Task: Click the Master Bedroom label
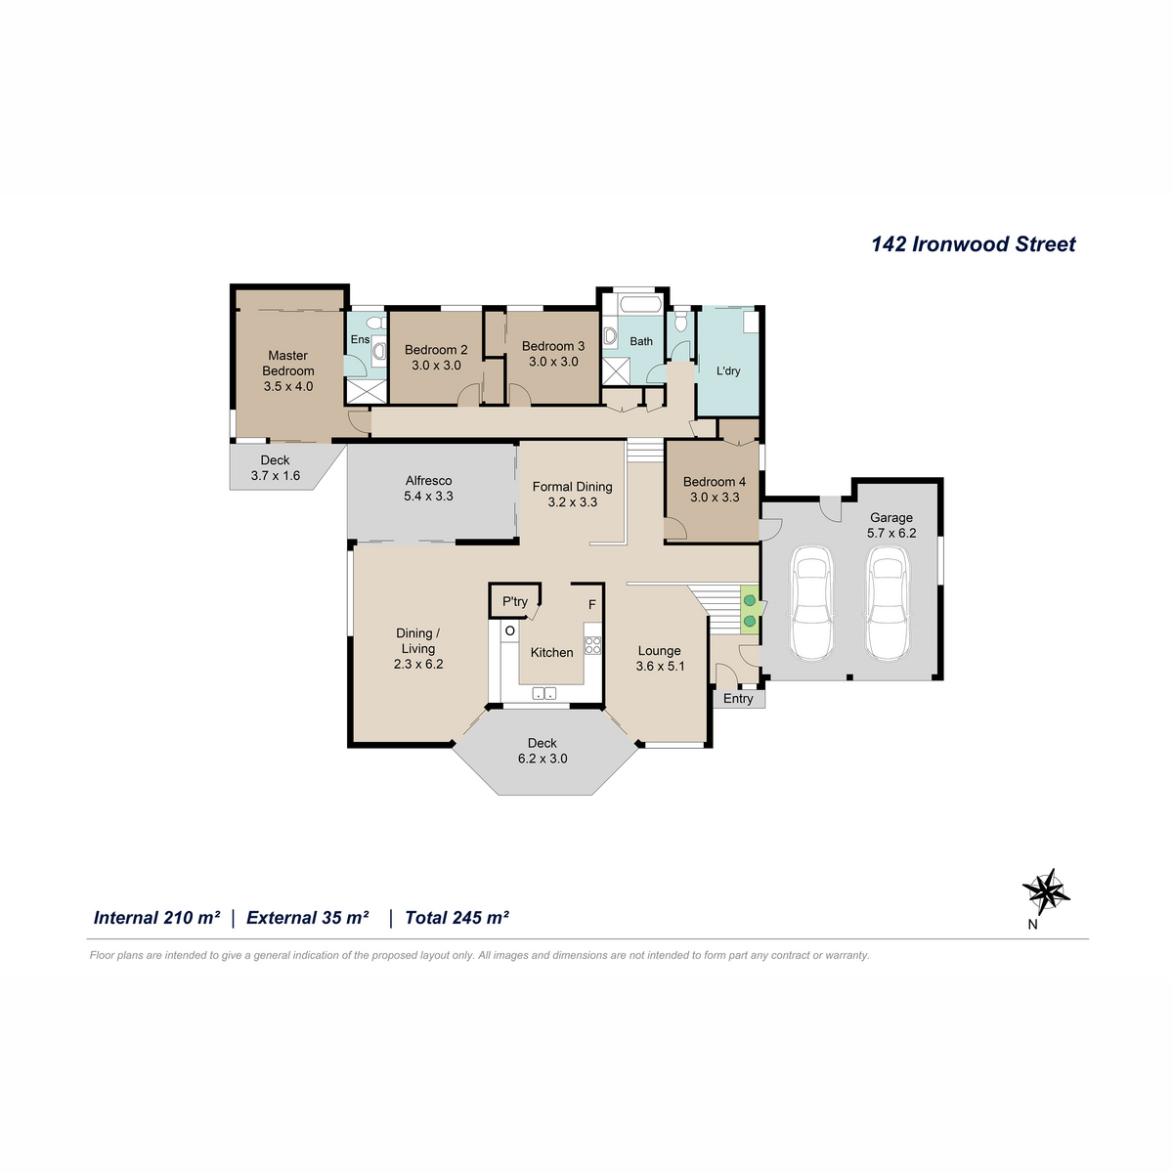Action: pyautogui.click(x=288, y=363)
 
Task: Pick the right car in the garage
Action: pyautogui.click(x=889, y=603)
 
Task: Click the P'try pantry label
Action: pyautogui.click(x=515, y=601)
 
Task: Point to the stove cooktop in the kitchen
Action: pyautogui.click(x=592, y=644)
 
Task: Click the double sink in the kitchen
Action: pyautogui.click(x=544, y=693)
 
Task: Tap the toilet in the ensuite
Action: pyautogui.click(x=377, y=322)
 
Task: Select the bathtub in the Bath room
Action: pyautogui.click(x=640, y=304)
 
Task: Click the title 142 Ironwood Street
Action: pyautogui.click(x=973, y=244)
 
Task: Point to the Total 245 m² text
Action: pyautogui.click(x=456, y=917)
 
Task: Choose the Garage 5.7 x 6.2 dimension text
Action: pyautogui.click(x=891, y=533)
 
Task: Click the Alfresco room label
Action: pyautogui.click(x=428, y=480)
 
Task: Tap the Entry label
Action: pyautogui.click(x=738, y=698)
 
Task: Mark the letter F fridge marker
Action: pyautogui.click(x=591, y=604)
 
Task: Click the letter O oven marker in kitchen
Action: pyautogui.click(x=510, y=630)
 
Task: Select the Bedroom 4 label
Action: pyautogui.click(x=714, y=482)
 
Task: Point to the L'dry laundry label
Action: pyautogui.click(x=728, y=370)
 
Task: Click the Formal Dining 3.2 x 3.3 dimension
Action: pyautogui.click(x=572, y=502)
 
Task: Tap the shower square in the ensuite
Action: pyautogui.click(x=367, y=391)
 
